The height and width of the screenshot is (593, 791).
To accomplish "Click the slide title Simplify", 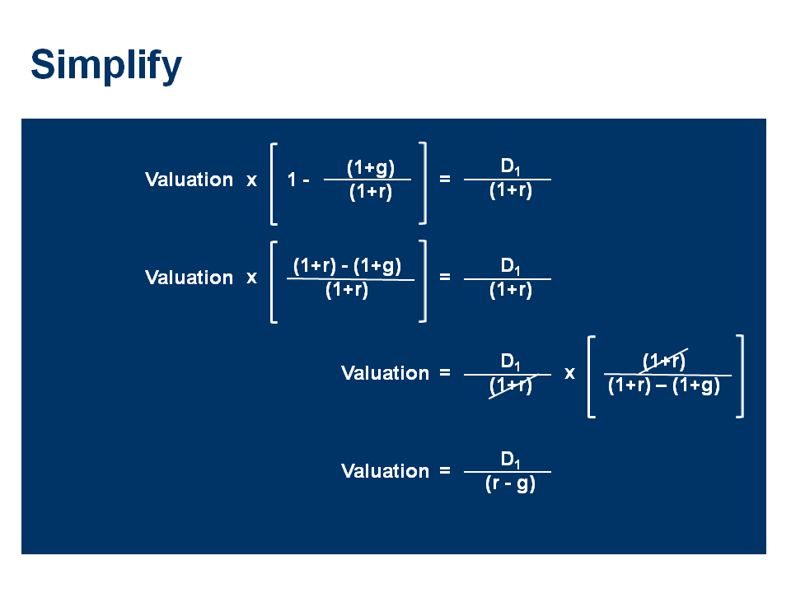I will click(105, 66).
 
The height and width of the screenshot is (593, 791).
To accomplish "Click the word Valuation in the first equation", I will click(189, 180).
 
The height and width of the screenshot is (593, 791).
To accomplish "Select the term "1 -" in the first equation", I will click(297, 180).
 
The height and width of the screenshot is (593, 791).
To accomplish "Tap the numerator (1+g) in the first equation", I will click(370, 168).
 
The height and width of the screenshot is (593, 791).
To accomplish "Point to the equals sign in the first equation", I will click(445, 178).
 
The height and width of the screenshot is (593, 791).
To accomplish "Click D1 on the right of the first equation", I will click(510, 167).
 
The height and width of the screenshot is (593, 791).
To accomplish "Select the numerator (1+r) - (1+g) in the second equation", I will click(348, 266).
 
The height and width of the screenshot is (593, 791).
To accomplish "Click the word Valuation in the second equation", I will click(189, 278).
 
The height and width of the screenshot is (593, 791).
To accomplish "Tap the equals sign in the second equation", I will click(445, 277).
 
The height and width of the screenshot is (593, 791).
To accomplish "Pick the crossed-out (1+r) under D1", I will click(510, 385).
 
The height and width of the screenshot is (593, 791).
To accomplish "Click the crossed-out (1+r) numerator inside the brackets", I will click(664, 362).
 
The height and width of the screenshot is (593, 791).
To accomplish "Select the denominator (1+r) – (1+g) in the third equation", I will click(664, 385).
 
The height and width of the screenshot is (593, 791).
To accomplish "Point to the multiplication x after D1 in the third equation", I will click(569, 373).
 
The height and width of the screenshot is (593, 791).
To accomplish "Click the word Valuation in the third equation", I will click(385, 373).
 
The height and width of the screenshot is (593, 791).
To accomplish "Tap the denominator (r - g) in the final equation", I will click(510, 483).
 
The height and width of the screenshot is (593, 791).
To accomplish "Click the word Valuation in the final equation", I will click(385, 471).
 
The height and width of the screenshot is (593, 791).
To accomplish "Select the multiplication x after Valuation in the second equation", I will click(251, 278).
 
